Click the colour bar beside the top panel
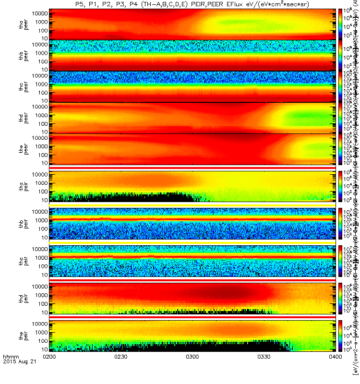click(x=340, y=24)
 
